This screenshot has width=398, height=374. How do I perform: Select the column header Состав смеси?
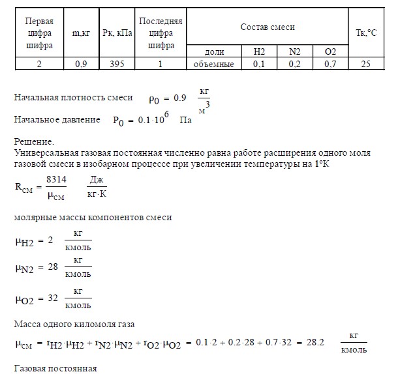tap(268, 27)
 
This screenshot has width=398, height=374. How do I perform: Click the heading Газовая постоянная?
tap(55, 369)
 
